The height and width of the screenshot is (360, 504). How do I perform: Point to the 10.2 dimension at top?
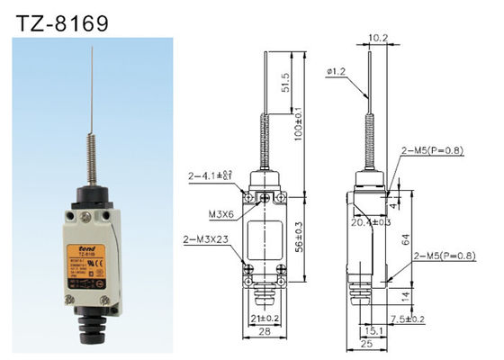[x=378, y=38]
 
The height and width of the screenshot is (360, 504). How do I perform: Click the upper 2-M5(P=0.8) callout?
[x=433, y=150]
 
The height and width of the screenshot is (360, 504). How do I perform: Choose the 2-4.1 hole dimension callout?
[x=213, y=176]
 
